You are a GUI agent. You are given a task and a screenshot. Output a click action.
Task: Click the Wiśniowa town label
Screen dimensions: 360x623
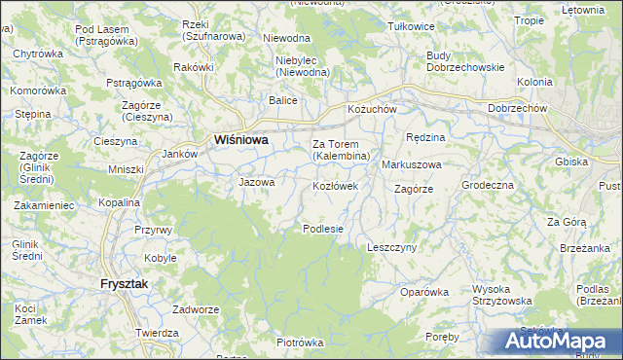240,139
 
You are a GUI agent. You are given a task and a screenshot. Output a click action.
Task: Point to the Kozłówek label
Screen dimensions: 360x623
336,185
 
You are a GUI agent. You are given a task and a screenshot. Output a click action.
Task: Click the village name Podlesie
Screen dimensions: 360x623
324,229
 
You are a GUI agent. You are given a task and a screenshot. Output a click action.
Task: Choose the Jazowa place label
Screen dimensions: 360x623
257,181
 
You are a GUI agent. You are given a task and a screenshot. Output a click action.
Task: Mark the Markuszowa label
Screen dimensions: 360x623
412,164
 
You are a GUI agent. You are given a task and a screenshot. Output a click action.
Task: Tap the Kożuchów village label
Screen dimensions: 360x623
372,109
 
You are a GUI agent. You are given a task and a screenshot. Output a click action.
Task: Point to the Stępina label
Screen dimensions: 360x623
32,115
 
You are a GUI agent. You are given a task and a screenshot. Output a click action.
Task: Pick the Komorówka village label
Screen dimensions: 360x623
37,90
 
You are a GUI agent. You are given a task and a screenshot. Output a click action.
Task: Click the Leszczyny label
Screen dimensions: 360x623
392,247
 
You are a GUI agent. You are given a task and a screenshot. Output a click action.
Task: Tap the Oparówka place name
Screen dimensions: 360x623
423,291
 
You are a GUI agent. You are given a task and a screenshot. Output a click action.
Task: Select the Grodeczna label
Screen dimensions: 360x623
488,184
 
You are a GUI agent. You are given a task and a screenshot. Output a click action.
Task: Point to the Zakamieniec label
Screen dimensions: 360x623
44,206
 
